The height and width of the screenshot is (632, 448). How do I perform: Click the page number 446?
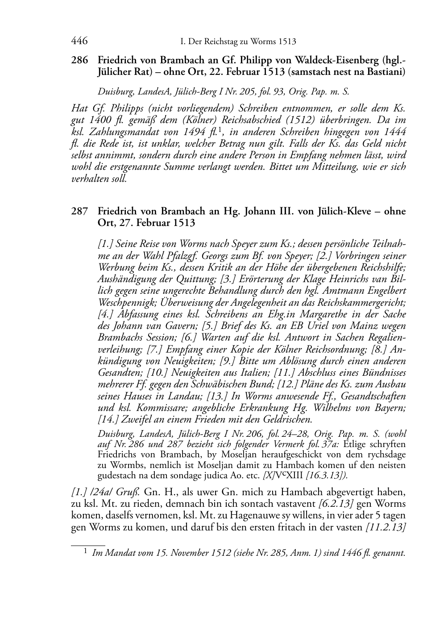click(79, 41)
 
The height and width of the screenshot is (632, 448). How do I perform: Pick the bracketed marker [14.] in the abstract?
click(108, 419)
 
